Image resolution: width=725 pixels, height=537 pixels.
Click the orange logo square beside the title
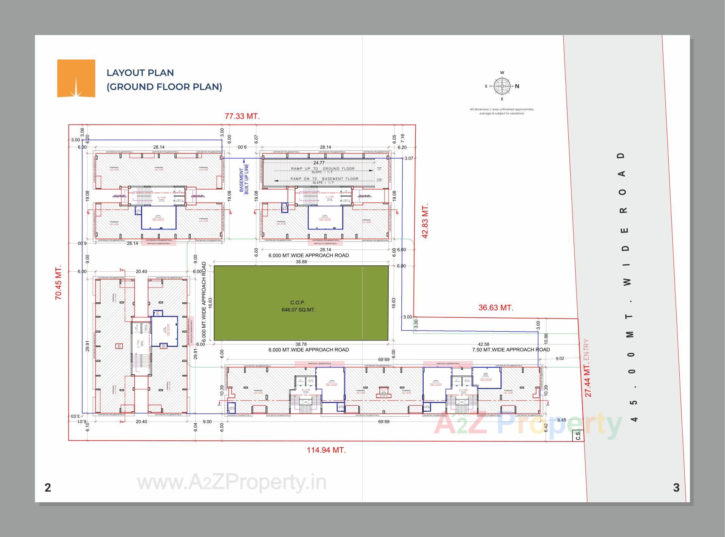(76, 78)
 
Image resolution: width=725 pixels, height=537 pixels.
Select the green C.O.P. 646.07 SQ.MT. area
(301, 303)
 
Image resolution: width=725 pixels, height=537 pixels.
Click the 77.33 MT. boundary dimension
(242, 116)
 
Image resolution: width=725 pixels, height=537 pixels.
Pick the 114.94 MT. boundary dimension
(326, 450)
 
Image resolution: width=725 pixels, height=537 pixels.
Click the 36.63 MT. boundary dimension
(496, 308)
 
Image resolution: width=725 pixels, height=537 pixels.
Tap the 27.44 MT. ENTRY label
(588, 368)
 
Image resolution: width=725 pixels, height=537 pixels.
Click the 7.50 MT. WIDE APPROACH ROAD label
(511, 350)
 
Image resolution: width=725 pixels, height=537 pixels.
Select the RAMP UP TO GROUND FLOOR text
(322, 169)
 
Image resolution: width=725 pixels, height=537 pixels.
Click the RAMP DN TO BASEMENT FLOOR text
(324, 179)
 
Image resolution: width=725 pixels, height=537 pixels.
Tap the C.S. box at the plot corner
(578, 436)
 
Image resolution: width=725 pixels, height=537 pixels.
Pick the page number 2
(48, 488)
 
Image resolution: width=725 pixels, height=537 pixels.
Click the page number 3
(676, 488)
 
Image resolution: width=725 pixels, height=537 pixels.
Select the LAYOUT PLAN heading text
(140, 73)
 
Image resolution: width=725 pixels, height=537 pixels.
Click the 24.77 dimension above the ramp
(319, 163)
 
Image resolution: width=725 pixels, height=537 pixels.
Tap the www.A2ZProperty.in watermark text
(231, 482)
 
